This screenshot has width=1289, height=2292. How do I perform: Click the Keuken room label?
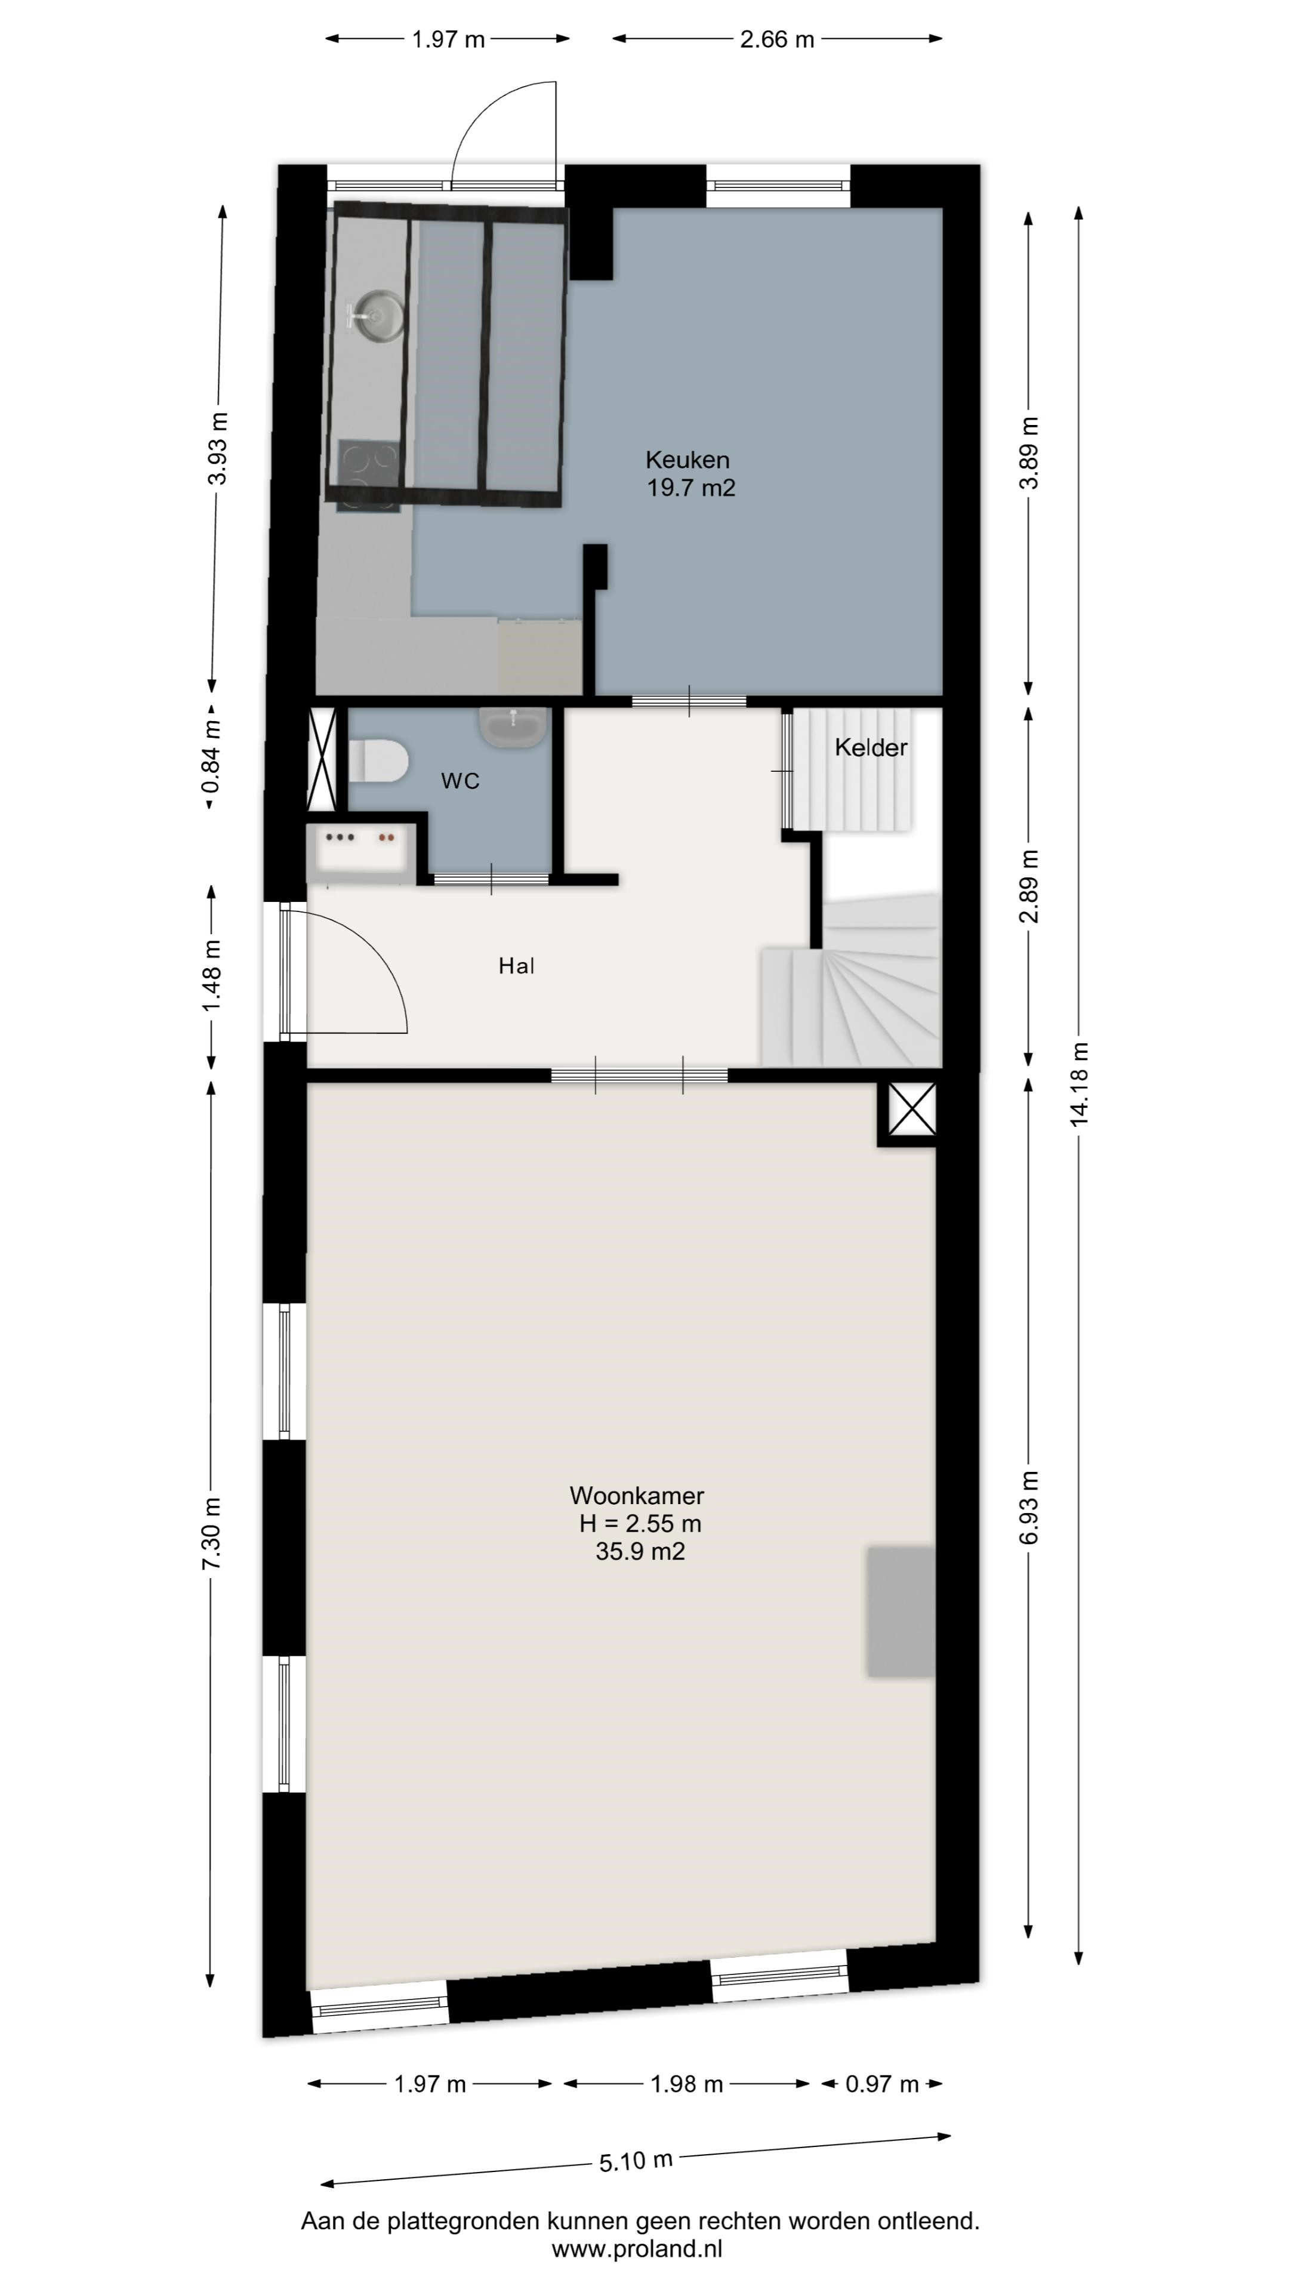point(687,460)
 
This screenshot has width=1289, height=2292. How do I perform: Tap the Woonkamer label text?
point(637,1496)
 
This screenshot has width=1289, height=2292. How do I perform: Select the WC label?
point(460,781)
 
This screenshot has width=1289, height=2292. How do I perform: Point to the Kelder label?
point(871,747)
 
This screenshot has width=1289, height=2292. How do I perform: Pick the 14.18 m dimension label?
point(1079,1084)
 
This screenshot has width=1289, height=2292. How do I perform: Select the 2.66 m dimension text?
point(776,39)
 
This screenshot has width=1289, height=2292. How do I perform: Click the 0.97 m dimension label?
point(881,2084)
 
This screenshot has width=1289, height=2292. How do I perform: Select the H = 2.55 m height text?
point(640,1523)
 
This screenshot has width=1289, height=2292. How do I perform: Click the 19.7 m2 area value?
point(691,488)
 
